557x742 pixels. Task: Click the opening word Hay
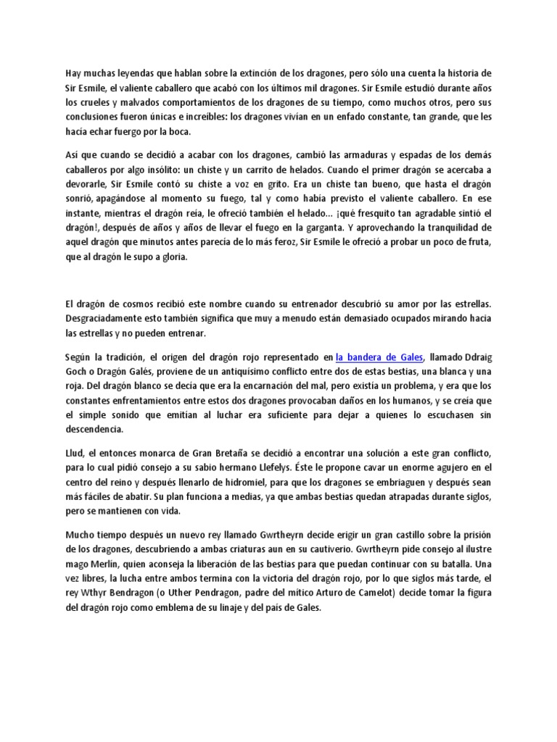73,73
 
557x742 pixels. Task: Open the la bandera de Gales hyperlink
381,357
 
